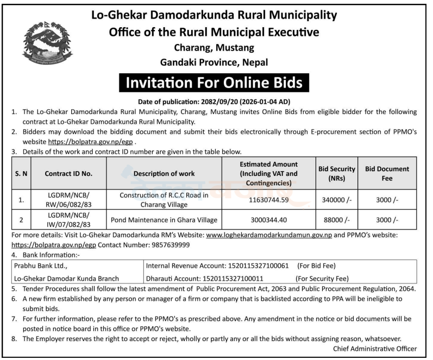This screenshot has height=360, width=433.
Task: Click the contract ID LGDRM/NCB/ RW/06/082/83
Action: (x=67, y=200)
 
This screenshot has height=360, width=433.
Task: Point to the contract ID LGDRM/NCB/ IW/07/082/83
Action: (x=67, y=220)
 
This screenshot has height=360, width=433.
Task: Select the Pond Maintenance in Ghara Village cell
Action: (x=164, y=220)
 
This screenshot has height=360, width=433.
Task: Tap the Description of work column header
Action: (x=164, y=173)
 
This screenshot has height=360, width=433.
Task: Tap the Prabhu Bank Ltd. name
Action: (x=37, y=266)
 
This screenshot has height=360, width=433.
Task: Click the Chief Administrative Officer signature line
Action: (x=375, y=349)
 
